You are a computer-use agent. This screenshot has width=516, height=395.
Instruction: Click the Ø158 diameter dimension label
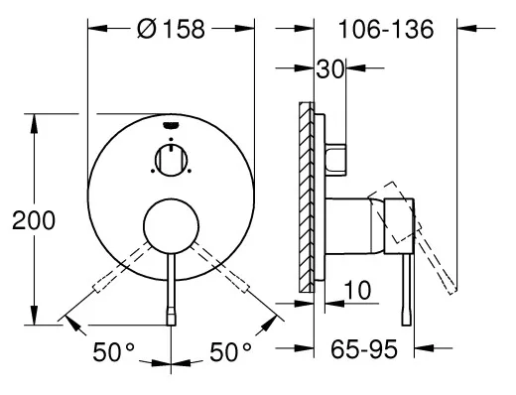point(171,29)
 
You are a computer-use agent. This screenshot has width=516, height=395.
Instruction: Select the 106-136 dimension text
point(386,29)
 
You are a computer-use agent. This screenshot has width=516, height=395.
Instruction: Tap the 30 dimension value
point(329,69)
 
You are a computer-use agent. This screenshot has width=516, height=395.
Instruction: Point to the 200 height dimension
point(34,220)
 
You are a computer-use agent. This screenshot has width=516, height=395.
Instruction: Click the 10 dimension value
point(357,290)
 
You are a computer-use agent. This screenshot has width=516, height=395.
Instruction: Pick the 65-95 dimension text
point(364,349)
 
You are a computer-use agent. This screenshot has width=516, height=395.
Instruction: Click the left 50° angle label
point(113,352)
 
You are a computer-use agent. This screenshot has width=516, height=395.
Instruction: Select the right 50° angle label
point(230,352)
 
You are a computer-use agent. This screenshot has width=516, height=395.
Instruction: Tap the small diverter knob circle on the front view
point(171,161)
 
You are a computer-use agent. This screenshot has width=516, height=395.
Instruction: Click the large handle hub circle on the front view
point(171,226)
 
